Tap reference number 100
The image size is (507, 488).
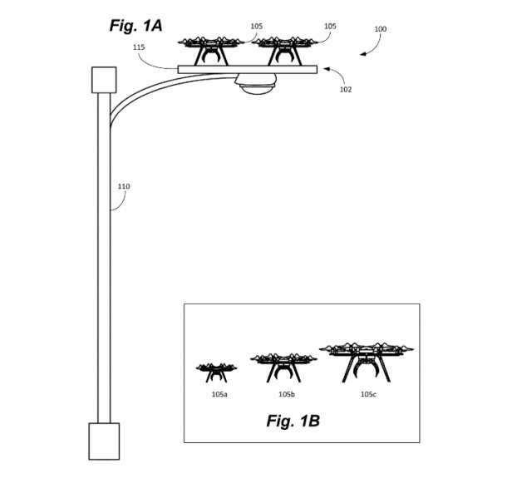coord(380,29)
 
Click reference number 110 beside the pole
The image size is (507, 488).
coord(124,186)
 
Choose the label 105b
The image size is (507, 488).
coord(285,393)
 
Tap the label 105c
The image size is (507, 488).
coord(368,393)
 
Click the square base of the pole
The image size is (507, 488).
coord(104,441)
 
